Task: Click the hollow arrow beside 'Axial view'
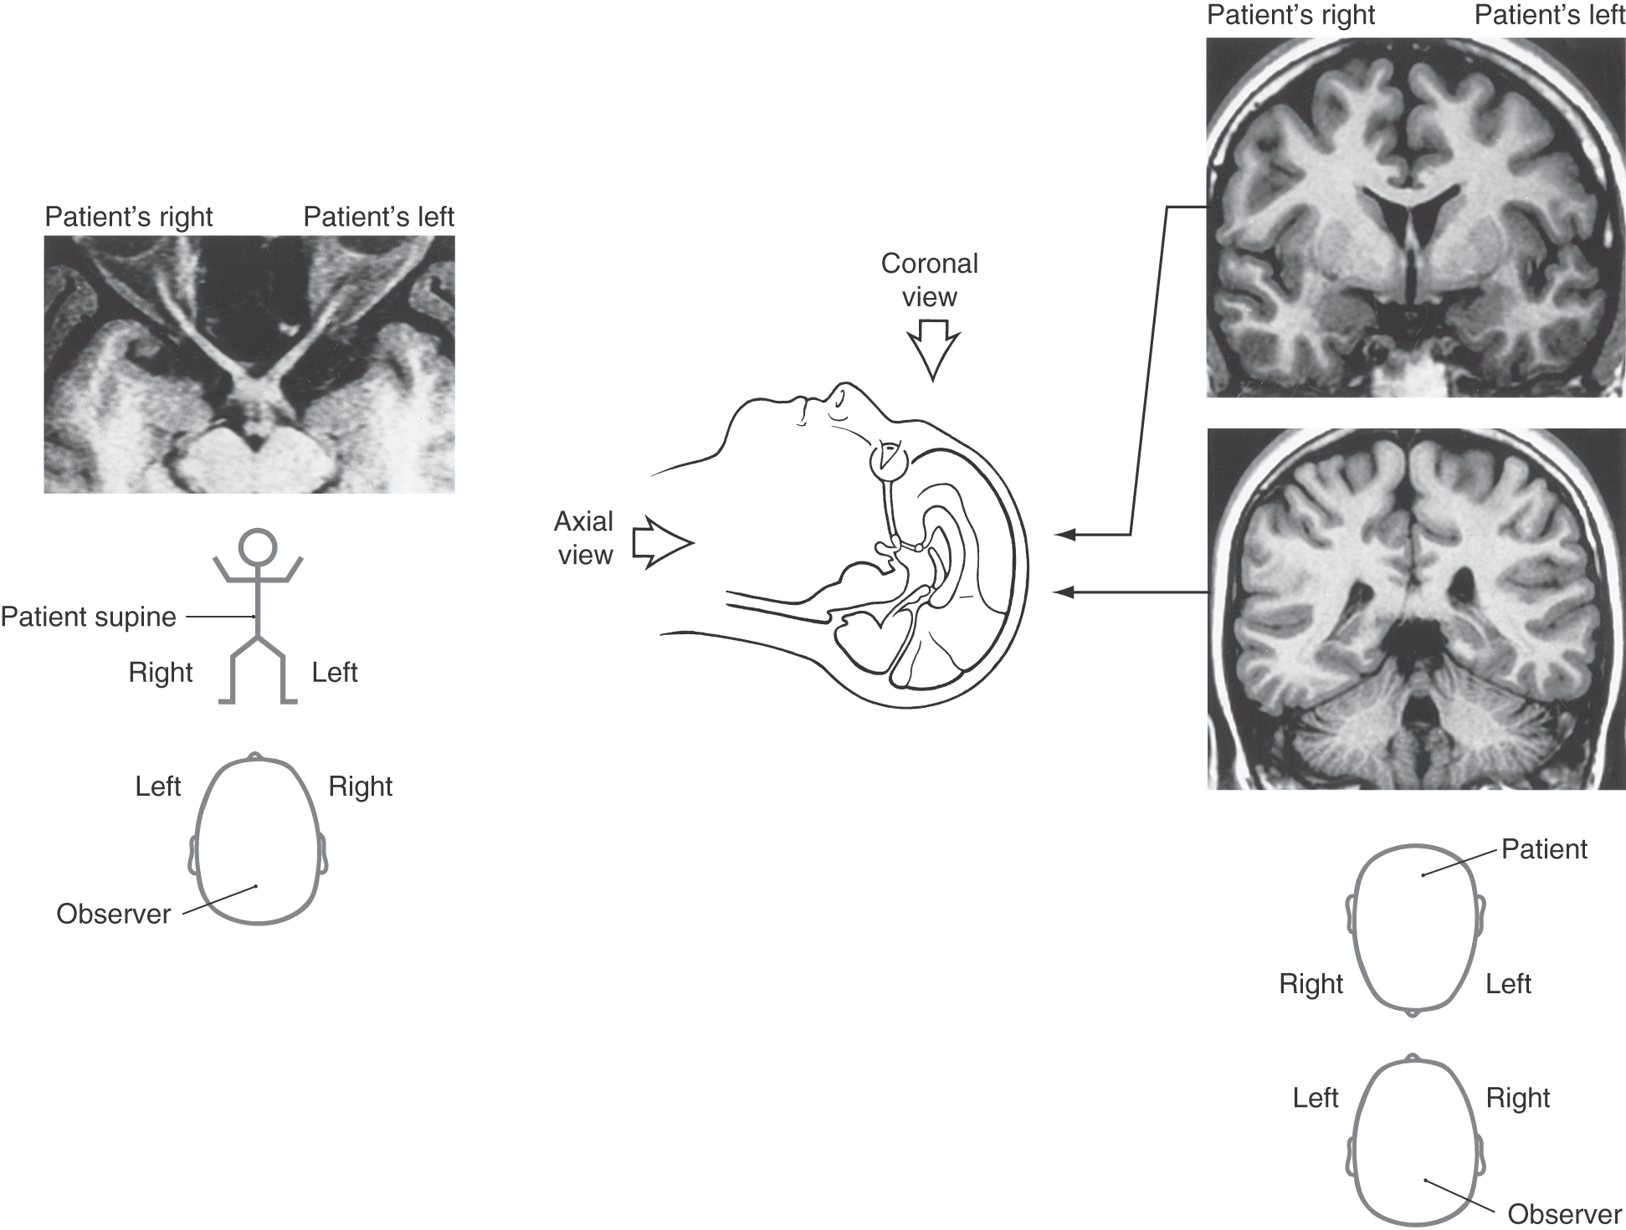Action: [x=662, y=543]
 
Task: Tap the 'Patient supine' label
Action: [x=89, y=618]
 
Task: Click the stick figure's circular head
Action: [x=257, y=546]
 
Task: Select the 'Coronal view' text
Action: [x=929, y=280]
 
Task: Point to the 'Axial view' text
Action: [x=584, y=538]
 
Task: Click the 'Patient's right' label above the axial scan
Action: [x=129, y=217]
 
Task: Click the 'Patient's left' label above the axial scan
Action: [x=378, y=217]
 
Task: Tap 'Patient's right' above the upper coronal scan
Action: [x=1291, y=15]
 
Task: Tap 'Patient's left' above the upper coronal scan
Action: [x=1550, y=15]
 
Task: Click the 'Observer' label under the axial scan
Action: [x=114, y=914]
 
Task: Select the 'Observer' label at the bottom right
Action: [x=1565, y=1214]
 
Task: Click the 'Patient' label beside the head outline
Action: [x=1544, y=849]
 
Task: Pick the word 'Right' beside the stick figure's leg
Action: [x=161, y=673]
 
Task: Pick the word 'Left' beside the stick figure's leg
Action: [x=335, y=672]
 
